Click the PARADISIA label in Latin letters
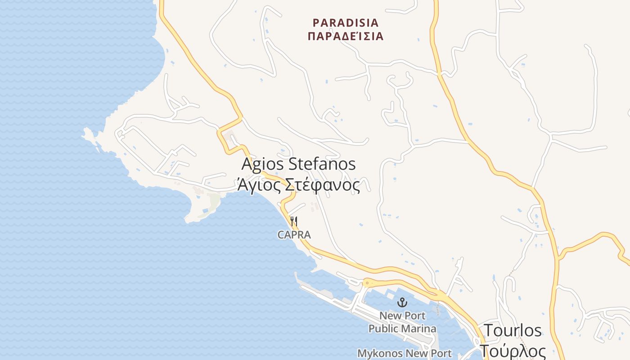346,22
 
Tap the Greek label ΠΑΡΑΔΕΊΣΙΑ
346,36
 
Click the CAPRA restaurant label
294,235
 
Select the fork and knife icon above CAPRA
294,221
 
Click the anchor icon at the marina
402,302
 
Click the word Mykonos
380,353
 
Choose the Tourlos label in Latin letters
513,331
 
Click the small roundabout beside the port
366,283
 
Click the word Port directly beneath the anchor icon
415,315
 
